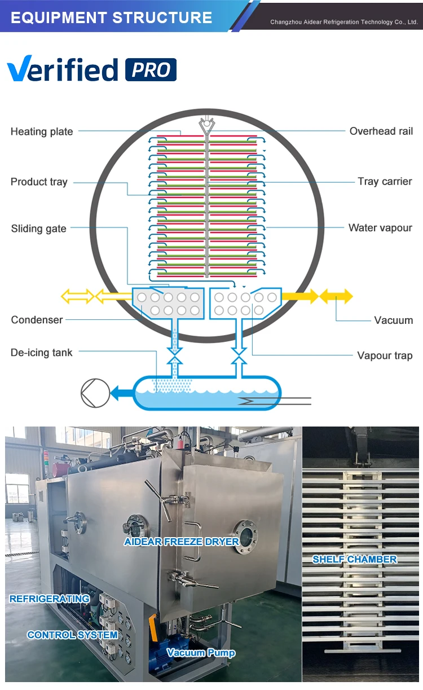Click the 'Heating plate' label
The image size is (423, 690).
coord(42,131)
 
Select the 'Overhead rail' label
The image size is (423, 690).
coord(381,131)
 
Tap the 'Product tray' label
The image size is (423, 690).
coord(39,182)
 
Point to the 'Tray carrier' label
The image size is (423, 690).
coord(385,181)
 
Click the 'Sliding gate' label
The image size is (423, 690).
coord(38,228)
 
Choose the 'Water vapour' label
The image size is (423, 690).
coord(380,228)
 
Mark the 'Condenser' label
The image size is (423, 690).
coord(37,320)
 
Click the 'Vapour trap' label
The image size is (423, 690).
coord(385,355)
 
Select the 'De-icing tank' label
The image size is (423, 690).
coord(42,353)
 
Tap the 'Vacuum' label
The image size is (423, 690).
coord(393,320)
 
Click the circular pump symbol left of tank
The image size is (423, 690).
coord(95,393)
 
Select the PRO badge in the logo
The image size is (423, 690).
coord(151,70)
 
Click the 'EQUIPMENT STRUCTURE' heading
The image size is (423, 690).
coord(111,17)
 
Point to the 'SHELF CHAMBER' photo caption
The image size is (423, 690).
coord(355,559)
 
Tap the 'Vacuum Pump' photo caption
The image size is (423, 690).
coord(201,653)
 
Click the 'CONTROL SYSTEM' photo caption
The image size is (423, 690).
coord(72,635)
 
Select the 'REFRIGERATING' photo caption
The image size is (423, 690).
coord(50,599)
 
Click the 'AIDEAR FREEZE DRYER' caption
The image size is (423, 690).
coord(182,542)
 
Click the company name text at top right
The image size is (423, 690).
coord(343,22)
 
